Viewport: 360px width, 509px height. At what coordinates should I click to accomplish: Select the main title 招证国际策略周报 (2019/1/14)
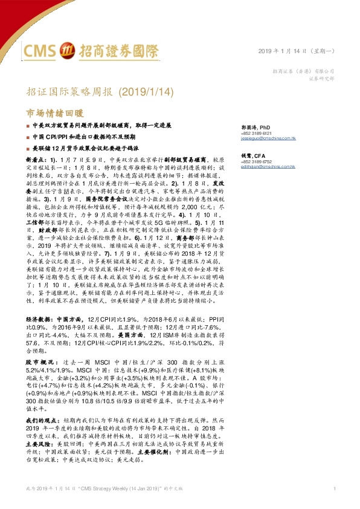(102, 92)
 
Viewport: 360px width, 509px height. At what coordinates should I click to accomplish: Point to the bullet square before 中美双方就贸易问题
(28, 126)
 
